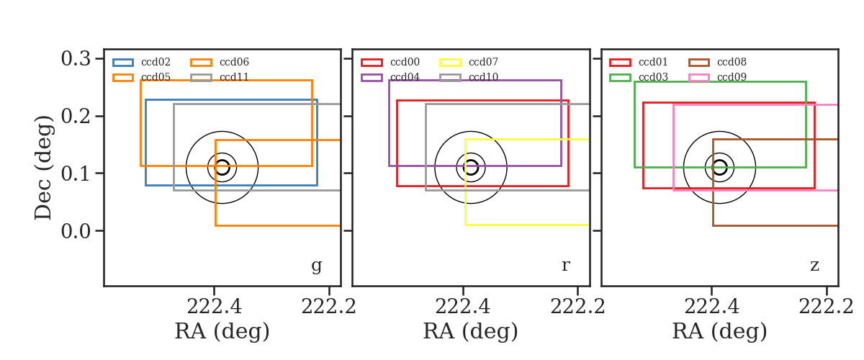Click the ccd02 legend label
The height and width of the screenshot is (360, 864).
(x=156, y=62)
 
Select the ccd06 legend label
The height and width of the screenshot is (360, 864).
(x=234, y=62)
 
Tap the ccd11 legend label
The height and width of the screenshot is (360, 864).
(x=234, y=77)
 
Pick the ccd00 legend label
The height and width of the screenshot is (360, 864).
(x=405, y=62)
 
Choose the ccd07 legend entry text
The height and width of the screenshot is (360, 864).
(x=483, y=62)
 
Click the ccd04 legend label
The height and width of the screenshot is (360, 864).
(x=405, y=77)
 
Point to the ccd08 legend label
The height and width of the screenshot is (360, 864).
(x=732, y=62)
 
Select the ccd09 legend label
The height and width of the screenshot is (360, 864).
(x=732, y=77)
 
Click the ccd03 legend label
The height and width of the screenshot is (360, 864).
(x=653, y=77)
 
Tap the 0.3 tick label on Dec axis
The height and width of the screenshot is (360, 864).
(x=76, y=58)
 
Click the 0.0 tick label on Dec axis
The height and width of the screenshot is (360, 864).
(x=76, y=231)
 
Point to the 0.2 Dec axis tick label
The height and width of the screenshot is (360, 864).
(x=76, y=116)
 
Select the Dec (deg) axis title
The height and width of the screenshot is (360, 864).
(x=43, y=168)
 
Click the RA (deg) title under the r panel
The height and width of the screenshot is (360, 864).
(x=471, y=331)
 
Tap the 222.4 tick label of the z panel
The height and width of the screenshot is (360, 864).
(x=711, y=307)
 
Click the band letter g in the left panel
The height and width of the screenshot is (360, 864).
(x=317, y=266)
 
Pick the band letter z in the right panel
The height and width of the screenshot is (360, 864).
(x=814, y=266)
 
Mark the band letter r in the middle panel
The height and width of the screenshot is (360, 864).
(x=566, y=266)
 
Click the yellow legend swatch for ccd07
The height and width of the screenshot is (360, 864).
(x=451, y=63)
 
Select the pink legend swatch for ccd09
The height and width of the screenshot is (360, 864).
(x=699, y=78)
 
